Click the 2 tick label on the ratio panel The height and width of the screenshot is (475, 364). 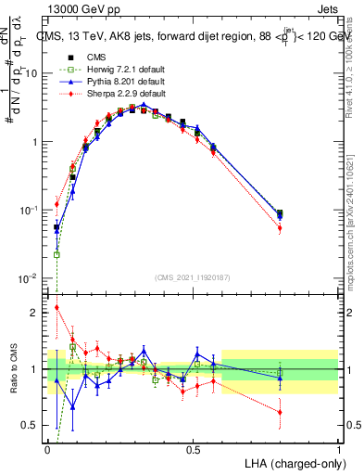34,313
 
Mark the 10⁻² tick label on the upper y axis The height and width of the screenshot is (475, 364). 29,278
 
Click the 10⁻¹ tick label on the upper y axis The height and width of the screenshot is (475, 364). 29,211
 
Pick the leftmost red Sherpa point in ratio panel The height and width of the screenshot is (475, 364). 56,308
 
